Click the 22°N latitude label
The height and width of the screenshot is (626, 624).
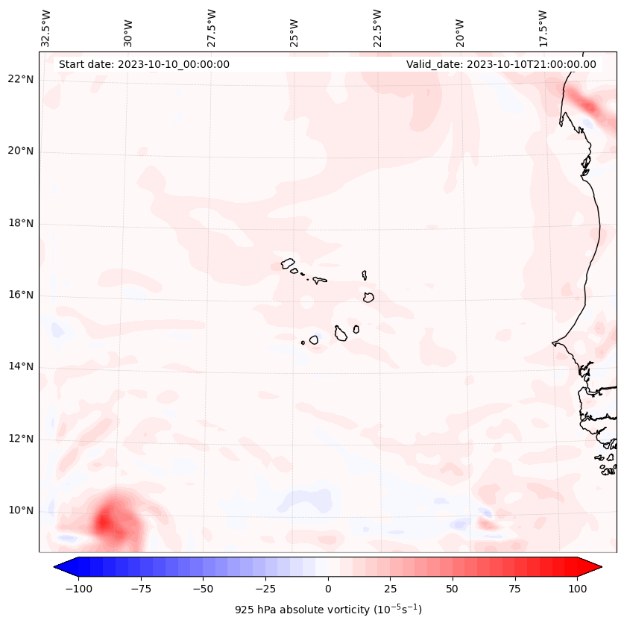(20, 79)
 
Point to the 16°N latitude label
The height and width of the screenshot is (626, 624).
(20, 295)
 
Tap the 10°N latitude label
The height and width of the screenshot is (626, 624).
(20, 510)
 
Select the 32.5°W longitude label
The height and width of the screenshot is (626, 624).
(46, 28)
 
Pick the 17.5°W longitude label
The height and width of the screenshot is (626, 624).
(543, 28)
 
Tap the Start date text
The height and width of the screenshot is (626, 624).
(144, 64)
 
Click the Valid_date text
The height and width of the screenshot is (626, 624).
(501, 64)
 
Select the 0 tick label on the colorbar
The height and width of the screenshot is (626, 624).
(328, 589)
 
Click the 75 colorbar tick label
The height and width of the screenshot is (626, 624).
(514, 589)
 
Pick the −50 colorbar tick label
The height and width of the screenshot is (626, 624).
(204, 589)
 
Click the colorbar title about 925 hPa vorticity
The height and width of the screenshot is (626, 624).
(328, 610)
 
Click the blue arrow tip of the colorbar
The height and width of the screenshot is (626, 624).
(61, 567)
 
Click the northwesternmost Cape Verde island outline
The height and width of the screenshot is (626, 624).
(288, 263)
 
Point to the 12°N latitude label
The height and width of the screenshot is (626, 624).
(20, 439)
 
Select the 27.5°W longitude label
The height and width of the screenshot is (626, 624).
(212, 28)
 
